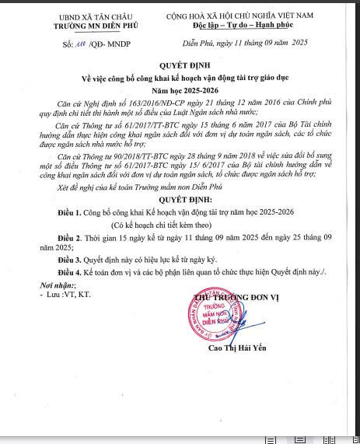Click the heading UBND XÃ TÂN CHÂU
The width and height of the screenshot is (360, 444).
86,16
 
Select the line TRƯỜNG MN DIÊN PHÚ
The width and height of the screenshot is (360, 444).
86,25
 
